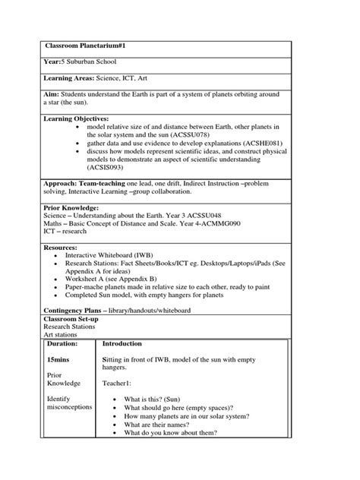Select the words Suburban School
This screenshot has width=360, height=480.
point(90,62)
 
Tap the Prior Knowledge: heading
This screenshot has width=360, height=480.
point(71,207)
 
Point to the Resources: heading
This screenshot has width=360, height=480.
point(60,248)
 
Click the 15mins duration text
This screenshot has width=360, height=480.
point(60,360)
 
